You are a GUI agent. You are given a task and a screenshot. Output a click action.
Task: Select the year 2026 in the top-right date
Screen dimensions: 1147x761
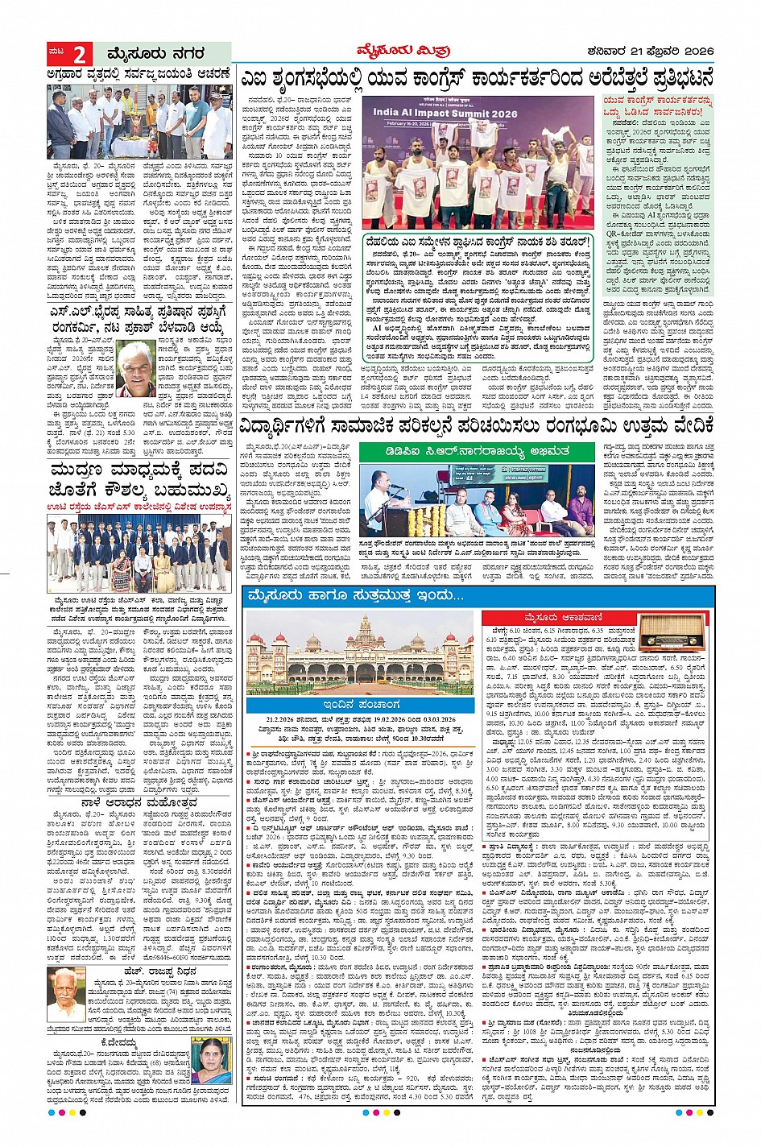click(x=695, y=52)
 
